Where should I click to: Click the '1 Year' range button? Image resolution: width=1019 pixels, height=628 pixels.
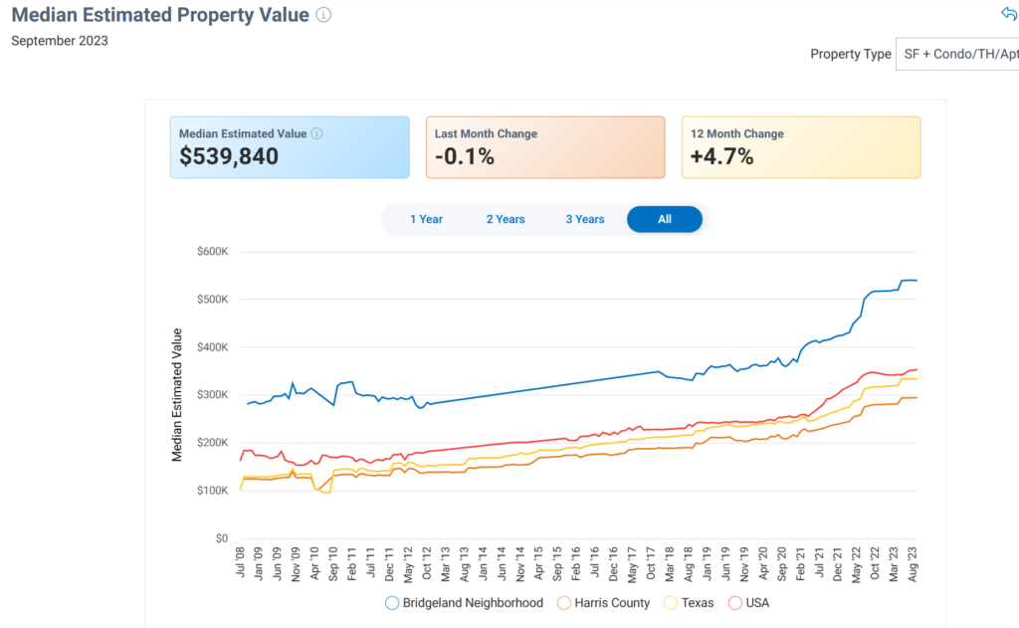426,219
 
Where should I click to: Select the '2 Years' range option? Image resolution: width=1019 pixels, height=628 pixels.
506,219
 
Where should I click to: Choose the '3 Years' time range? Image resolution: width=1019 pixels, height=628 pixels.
585,219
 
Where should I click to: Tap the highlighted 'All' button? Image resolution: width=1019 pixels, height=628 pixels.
665,219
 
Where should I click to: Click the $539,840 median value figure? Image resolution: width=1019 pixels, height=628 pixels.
229,156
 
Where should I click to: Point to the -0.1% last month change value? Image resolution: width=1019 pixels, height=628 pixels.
465,156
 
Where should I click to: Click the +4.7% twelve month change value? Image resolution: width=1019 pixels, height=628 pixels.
721,156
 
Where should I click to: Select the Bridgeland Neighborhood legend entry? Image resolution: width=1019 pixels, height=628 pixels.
465,602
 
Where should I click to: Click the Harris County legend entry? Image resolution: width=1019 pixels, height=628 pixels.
604,602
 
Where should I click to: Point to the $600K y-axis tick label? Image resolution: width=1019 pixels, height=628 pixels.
212,251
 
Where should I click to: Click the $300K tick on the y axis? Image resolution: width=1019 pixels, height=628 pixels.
212,395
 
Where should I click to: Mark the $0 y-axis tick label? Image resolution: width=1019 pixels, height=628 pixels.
222,538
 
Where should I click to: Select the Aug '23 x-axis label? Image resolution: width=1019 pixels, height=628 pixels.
913,565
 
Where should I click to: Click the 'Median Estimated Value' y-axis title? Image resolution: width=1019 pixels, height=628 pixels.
177,394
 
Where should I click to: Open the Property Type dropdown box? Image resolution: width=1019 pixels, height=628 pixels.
957,54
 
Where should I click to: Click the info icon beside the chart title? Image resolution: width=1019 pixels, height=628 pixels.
323,15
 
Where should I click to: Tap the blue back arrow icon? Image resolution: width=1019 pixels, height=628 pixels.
1008,14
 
